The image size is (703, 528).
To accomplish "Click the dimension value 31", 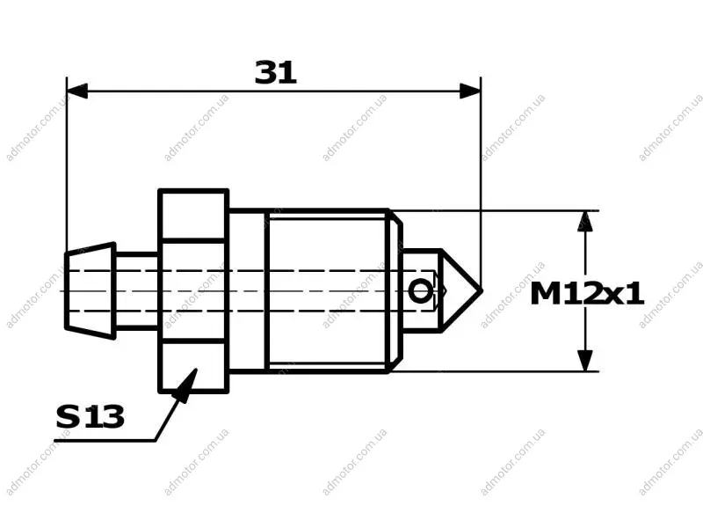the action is coord(276,72).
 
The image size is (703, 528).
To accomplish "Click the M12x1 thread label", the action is coord(587,295).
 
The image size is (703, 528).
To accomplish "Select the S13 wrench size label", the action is coord(91,416).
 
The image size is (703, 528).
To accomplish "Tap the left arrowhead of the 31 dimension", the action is coord(77,91).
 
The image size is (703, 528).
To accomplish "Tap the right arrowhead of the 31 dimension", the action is coord(470,91).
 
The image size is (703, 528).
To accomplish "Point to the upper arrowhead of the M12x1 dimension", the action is coord(585,221).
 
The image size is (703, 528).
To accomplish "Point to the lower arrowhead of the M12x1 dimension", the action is coord(585,361).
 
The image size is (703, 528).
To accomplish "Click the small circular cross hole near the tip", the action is coord(420,291).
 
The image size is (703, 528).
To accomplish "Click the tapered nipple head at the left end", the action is coord(91,290).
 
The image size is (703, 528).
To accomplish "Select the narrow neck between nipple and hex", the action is coord(137,290).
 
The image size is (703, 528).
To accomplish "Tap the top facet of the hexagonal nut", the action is coord(193,216).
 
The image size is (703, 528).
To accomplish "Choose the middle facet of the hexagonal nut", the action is coord(193,291).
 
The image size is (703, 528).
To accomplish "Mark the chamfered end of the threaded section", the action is coord(395,291).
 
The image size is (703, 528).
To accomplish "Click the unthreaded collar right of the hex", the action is coord(248,291).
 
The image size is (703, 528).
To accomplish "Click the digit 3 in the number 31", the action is coord(266,73).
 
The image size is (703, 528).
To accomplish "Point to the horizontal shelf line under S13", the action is coord(105,441).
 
